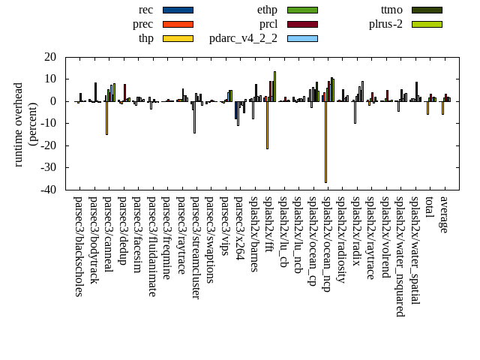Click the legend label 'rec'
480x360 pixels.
(x=146, y=10)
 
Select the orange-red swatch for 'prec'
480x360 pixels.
(x=178, y=24)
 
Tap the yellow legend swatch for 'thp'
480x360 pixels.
(x=178, y=38)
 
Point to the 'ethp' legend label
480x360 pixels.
(x=267, y=10)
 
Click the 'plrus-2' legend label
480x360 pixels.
(x=385, y=24)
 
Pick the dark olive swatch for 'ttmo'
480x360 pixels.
(x=427, y=10)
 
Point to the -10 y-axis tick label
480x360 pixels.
(x=49, y=124)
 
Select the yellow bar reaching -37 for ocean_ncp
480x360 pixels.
(x=325, y=142)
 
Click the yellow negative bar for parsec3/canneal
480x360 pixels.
(x=106, y=118)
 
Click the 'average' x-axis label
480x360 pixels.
(x=444, y=214)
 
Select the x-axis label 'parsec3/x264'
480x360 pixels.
(x=239, y=228)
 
